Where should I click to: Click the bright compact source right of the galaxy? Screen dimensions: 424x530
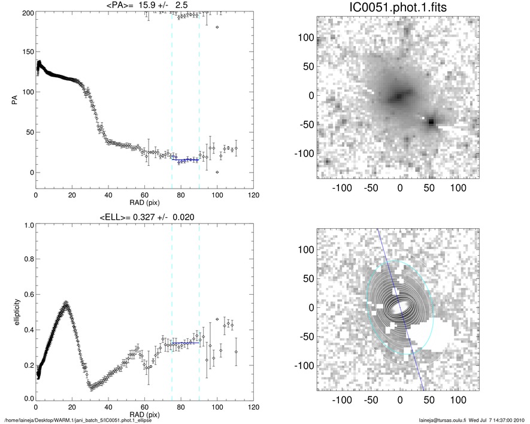point(431,122)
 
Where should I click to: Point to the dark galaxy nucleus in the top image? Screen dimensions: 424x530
point(398,96)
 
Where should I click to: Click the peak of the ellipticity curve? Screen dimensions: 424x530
point(66,303)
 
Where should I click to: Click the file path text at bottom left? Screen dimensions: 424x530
point(78,420)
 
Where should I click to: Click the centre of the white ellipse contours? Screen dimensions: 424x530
point(400,307)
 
